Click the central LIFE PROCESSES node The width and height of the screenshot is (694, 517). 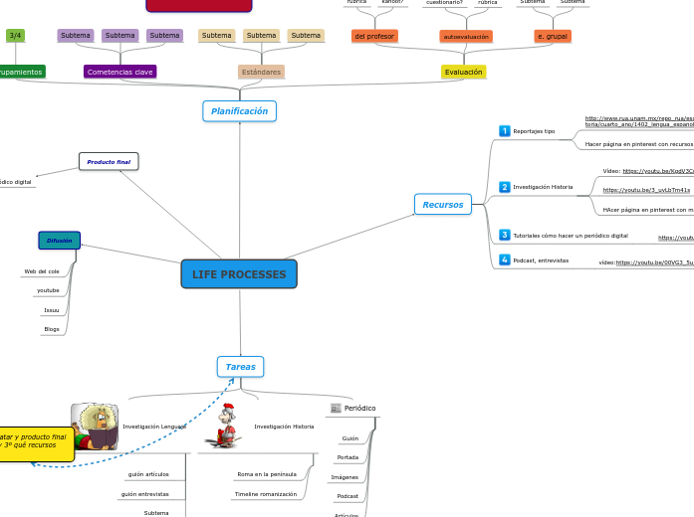tap(239, 274)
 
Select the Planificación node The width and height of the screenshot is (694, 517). tap(239, 111)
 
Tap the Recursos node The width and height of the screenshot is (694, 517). tap(442, 205)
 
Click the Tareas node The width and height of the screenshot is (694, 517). tap(240, 367)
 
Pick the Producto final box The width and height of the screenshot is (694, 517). tap(109, 161)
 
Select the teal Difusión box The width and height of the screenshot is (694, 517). tap(59, 241)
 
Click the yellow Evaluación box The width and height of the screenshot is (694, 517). tap(463, 72)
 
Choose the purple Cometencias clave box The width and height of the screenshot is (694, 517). tap(119, 72)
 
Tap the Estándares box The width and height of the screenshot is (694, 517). tap(261, 72)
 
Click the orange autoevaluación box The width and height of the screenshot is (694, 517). tap(466, 36)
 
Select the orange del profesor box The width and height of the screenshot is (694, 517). tap(374, 36)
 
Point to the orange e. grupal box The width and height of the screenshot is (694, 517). tap(552, 36)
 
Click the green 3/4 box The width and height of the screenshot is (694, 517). tap(15, 36)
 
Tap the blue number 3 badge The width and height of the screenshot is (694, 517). tap(505, 235)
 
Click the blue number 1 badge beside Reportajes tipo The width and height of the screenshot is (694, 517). tap(505, 130)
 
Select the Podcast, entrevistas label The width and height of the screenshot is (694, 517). tap(541, 260)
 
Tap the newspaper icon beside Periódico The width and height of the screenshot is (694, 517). tap(336, 408)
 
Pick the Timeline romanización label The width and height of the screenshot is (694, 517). tap(265, 494)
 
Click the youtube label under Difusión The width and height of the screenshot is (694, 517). tap(48, 290)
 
